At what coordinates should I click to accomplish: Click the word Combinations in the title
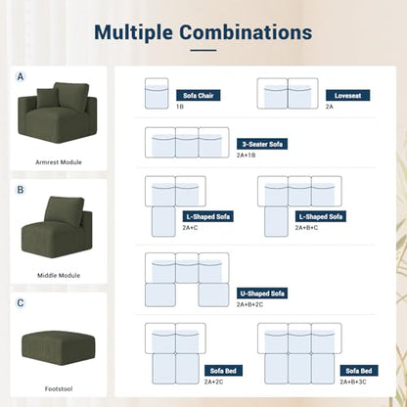(x=246, y=32)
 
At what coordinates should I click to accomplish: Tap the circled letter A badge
(x=21, y=77)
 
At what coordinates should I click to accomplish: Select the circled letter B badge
(x=21, y=190)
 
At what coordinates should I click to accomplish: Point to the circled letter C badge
(x=21, y=303)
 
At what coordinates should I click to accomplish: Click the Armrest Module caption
(x=59, y=162)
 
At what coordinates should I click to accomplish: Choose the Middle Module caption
(x=59, y=275)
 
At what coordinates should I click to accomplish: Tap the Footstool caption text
(x=59, y=388)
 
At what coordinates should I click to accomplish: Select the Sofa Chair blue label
(x=199, y=95)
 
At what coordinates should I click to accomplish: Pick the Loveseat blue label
(x=347, y=95)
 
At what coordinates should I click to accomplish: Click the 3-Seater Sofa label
(x=262, y=144)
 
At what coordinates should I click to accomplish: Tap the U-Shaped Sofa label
(x=262, y=294)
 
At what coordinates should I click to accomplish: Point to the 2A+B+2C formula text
(x=249, y=304)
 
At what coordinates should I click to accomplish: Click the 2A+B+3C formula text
(x=353, y=382)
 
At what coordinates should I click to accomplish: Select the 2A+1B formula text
(x=246, y=156)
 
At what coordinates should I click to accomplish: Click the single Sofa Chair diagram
(x=157, y=93)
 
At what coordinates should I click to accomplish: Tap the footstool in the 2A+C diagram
(x=163, y=221)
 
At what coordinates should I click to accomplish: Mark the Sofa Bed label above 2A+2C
(x=223, y=371)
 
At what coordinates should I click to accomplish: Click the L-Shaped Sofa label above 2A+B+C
(x=321, y=216)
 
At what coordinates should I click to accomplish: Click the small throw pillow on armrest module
(x=48, y=98)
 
